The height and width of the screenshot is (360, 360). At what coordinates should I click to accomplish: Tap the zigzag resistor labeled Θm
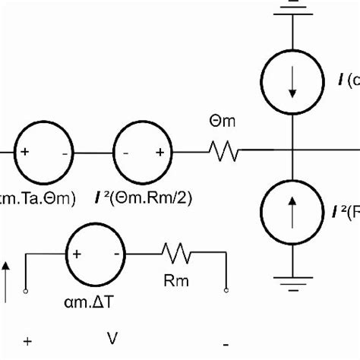224,153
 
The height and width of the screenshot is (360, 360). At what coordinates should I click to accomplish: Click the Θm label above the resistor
226,120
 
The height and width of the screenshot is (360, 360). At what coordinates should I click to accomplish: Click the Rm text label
175,281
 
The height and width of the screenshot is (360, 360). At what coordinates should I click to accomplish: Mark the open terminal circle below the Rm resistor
226,289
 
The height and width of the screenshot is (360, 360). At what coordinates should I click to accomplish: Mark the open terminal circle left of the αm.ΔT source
26,289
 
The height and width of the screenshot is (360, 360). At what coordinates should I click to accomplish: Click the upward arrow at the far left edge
6,277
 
